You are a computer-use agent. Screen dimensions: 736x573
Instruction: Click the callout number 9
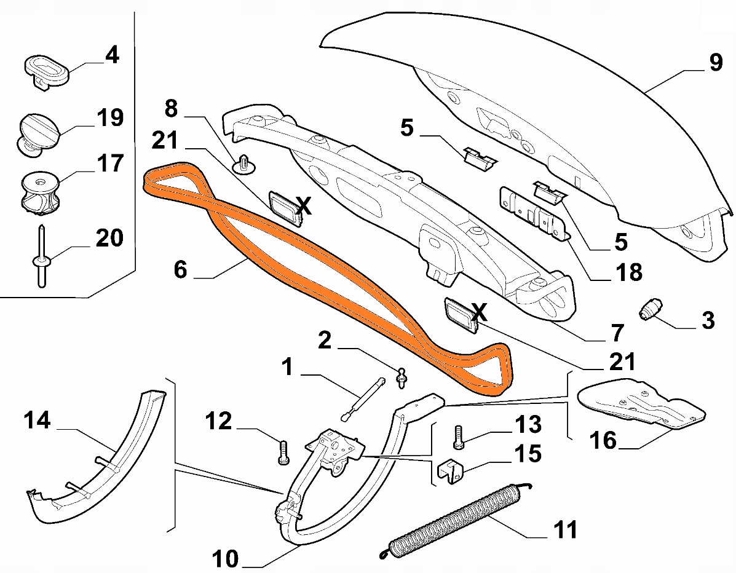[715, 63]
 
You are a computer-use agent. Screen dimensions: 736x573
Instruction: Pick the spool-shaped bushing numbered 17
[40, 194]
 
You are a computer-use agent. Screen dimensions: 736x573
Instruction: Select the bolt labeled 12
[283, 452]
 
